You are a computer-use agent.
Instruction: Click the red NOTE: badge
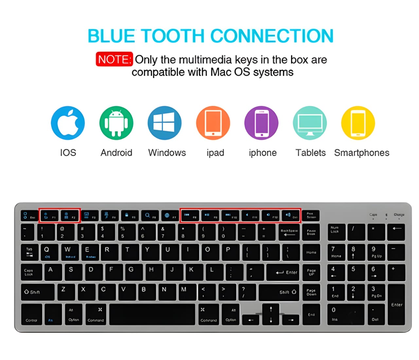114,59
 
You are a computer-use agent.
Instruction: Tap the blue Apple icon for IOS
68,123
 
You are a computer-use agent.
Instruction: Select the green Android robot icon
116,123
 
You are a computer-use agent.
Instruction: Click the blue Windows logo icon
165,123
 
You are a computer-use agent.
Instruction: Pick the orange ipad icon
213,123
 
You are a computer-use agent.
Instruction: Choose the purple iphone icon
261,123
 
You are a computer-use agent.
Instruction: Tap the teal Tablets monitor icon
310,123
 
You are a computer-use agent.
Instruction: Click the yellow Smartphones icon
358,123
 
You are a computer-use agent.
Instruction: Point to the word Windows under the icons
167,153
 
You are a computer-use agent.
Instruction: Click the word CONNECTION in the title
272,36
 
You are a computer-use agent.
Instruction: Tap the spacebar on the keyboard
153,315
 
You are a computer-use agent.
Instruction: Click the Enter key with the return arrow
283,272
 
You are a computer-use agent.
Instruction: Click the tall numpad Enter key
396,304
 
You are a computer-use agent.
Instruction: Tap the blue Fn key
53,315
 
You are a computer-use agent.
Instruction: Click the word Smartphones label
362,153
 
